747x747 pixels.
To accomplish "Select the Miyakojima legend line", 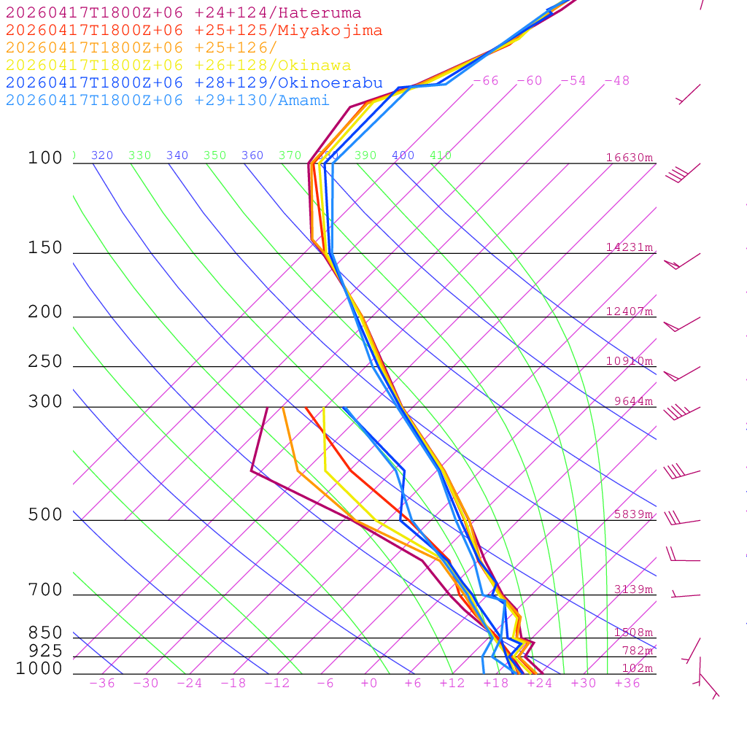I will click(193, 31).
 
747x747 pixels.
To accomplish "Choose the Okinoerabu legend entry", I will click(193, 82).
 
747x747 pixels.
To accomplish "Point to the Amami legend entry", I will click(167, 100).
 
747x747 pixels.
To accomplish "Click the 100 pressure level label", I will click(45, 158).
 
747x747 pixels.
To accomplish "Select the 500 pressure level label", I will click(45, 515).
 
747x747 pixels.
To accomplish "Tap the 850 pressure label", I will click(45, 633).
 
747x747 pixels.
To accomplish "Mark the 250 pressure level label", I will click(45, 362).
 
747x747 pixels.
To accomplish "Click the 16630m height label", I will click(630, 158).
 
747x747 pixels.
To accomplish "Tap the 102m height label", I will click(637, 668).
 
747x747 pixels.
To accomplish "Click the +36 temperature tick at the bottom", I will click(627, 684).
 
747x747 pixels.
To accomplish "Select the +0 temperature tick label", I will click(369, 684).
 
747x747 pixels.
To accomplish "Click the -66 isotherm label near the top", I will click(485, 81).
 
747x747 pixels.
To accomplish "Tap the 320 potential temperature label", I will click(102, 155).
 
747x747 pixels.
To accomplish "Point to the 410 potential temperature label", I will click(441, 155).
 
